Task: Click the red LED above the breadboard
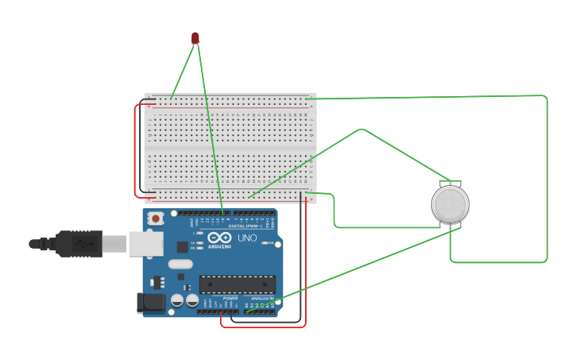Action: [x=195, y=38]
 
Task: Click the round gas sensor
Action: [x=450, y=204]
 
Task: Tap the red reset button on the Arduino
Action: [x=156, y=219]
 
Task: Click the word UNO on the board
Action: [x=247, y=238]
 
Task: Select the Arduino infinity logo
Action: [x=219, y=238]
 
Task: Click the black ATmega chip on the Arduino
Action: [x=238, y=285]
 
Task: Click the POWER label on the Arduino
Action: [x=230, y=298]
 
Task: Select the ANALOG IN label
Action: [x=261, y=298]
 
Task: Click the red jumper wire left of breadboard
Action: [x=135, y=151]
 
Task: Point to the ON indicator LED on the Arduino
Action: [x=265, y=242]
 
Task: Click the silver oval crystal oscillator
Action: [x=180, y=264]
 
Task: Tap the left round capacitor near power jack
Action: [x=177, y=300]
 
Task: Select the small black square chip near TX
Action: [x=182, y=247]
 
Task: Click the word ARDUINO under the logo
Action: [x=220, y=246]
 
